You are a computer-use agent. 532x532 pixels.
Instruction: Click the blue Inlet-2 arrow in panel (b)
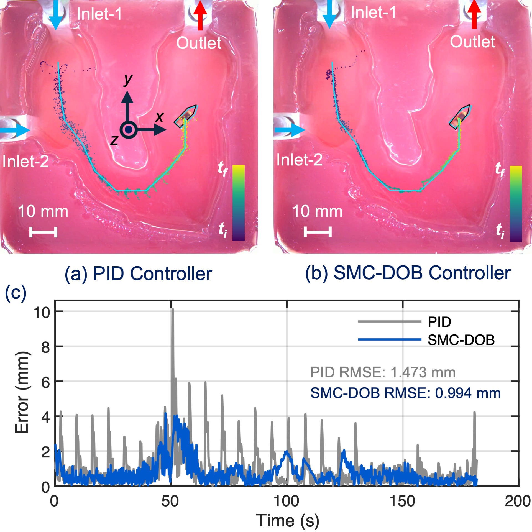pyautogui.click(x=289, y=130)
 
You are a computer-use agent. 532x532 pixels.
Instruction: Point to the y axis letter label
pyautogui.click(x=128, y=80)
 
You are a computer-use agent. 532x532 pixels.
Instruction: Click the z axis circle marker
pyautogui.click(x=128, y=129)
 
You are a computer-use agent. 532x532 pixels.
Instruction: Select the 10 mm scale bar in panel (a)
pyautogui.click(x=43, y=232)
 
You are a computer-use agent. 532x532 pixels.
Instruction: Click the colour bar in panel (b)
pyautogui.click(x=516, y=203)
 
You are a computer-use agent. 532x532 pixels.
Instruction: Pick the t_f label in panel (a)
pyautogui.click(x=222, y=168)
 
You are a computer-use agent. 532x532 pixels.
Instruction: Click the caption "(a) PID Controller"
pyautogui.click(x=138, y=274)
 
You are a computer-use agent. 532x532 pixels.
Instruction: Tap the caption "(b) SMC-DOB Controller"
pyautogui.click(x=408, y=273)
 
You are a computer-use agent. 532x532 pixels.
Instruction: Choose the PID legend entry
pyautogui.click(x=439, y=322)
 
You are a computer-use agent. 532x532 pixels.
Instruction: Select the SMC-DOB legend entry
pyautogui.click(x=461, y=340)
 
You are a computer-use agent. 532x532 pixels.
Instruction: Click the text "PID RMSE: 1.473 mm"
pyautogui.click(x=383, y=372)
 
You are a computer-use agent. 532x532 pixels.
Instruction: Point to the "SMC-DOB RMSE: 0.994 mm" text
pyautogui.click(x=405, y=393)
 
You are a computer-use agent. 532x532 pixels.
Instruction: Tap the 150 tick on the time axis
pyautogui.click(x=402, y=501)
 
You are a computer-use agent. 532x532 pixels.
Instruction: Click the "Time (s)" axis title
pyautogui.click(x=287, y=520)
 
